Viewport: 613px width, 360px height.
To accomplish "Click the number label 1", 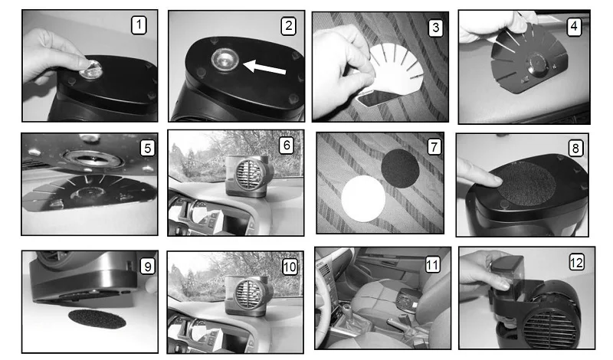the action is (139, 25).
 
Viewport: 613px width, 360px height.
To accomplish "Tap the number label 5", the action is (147, 149).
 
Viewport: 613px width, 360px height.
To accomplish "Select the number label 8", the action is (575, 149).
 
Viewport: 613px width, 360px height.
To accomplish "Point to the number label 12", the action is (577, 262).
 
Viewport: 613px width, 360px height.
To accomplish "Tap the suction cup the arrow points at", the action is (225, 61).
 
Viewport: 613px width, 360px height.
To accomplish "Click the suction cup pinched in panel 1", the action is (90, 70).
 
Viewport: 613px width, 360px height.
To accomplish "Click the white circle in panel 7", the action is (363, 198).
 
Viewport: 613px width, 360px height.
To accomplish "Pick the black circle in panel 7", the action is (400, 169).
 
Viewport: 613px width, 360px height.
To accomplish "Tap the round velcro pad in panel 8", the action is (526, 183).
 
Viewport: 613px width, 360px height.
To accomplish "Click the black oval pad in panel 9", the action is (97, 319).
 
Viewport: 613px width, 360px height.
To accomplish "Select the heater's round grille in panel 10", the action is (250, 295).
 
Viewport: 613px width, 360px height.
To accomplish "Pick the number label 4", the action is (573, 27).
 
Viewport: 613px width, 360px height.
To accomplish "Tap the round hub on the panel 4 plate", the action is (537, 64).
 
